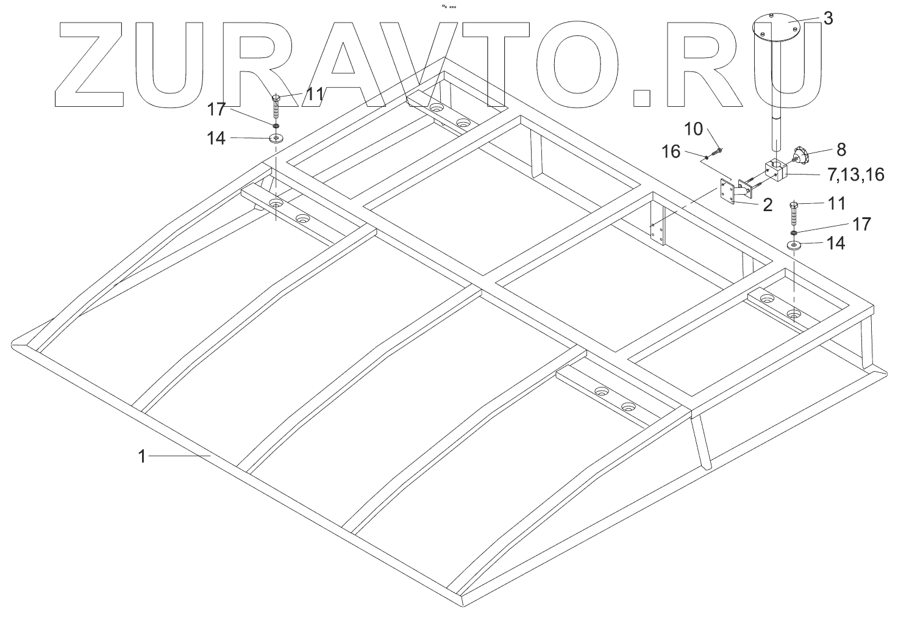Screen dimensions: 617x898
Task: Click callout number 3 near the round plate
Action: coord(827,18)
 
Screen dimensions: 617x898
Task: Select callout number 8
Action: coord(824,150)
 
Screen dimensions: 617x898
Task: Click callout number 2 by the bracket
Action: coord(767,205)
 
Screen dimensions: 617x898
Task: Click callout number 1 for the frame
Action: coord(141,456)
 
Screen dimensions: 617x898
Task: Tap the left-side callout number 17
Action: coord(216,110)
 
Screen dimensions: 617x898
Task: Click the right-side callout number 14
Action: coord(836,244)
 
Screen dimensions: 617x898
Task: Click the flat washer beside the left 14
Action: coord(277,139)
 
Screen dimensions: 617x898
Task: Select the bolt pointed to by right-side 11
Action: coord(794,214)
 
